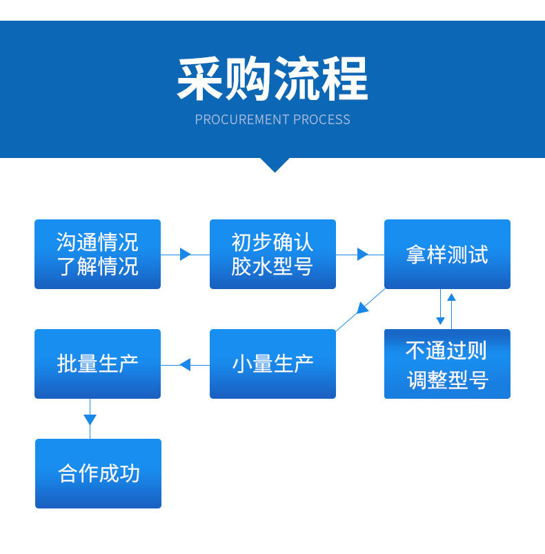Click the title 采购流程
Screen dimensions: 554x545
pos(272,79)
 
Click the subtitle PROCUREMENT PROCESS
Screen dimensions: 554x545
pos(272,120)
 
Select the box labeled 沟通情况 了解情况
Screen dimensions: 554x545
pos(97,254)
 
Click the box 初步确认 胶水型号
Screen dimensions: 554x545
pos(272,254)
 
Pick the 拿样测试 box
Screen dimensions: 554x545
pos(447,254)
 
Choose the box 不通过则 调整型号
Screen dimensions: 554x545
pos(447,364)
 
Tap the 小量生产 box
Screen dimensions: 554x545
pos(272,364)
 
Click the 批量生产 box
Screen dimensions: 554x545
pos(97,364)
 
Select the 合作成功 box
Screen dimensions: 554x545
pos(98,473)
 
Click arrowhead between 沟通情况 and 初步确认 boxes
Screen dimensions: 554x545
pos(185,254)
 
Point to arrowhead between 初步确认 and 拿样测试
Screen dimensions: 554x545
pos(362,254)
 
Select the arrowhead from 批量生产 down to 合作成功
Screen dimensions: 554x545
pos(90,419)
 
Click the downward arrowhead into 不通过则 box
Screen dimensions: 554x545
pos(440,320)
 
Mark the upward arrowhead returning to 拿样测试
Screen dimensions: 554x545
pos(452,297)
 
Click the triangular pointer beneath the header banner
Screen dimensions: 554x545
pos(275,165)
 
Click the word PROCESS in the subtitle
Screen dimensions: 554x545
pos(321,120)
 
